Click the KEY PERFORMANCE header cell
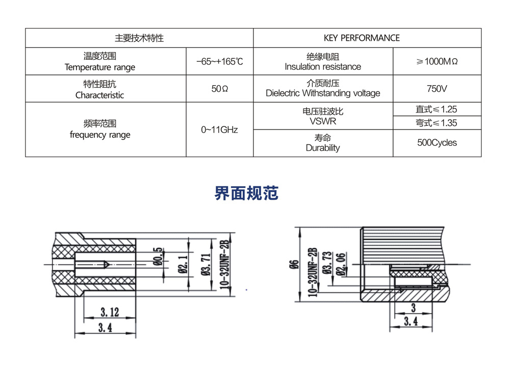362,38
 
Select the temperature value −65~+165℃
219,61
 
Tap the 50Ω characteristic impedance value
219,89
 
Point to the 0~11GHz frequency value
219,130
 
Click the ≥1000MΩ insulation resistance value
437,61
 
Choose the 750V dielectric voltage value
437,89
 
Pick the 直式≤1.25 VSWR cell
437,109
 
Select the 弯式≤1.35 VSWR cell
437,123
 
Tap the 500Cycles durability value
437,143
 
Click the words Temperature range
100,67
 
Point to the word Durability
322,148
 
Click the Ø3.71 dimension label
206,264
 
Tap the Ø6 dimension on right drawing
293,264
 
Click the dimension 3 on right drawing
413,308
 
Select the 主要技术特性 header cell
139,38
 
